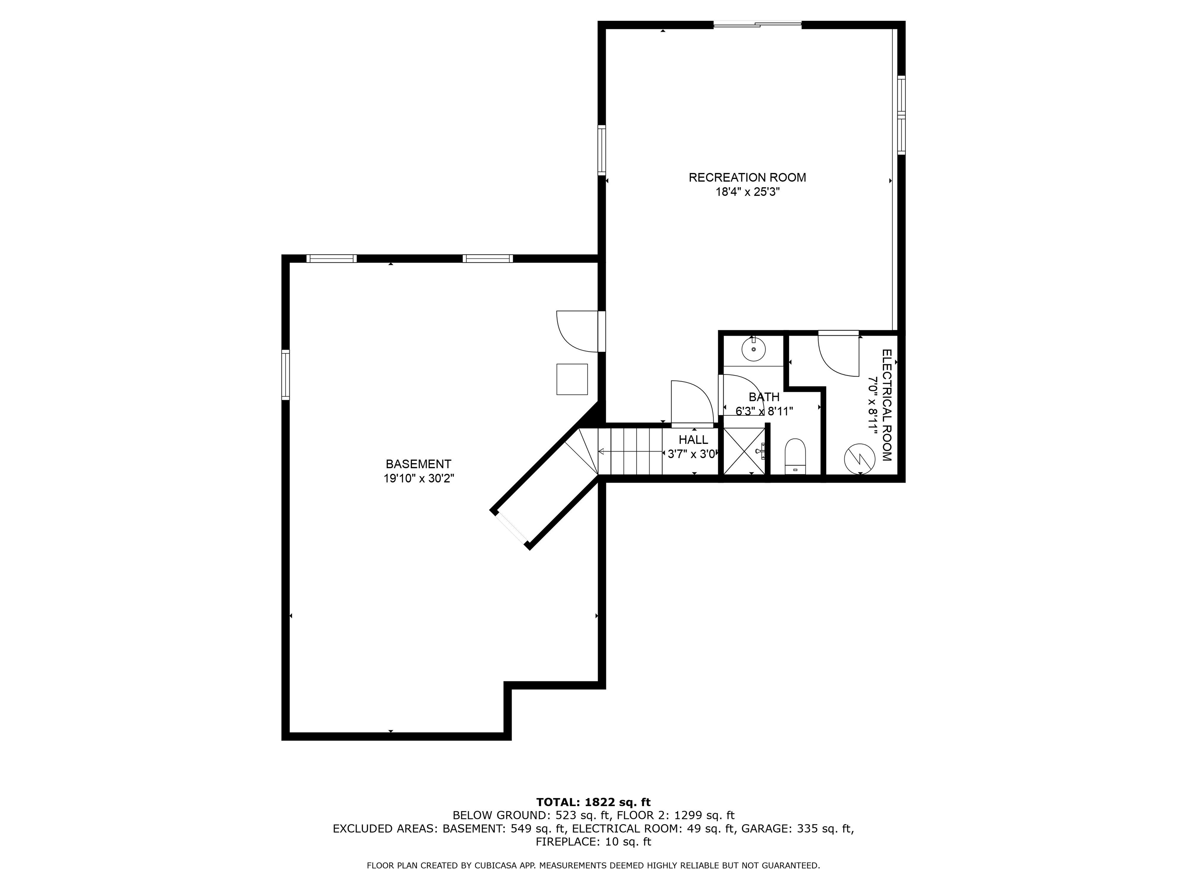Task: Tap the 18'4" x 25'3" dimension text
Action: pos(747,192)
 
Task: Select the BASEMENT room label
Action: pos(418,464)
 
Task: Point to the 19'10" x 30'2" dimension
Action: pos(418,479)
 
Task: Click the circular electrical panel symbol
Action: pos(860,459)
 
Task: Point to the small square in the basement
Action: pos(572,379)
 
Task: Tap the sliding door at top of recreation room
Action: pos(757,24)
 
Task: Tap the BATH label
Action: pos(764,397)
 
